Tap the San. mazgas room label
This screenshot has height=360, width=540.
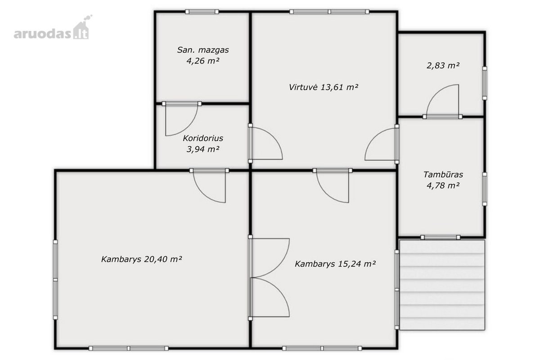(203, 50)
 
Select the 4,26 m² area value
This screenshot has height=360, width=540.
(203, 61)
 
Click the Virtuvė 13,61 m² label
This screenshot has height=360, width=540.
(323, 87)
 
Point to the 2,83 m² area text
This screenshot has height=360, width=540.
(443, 66)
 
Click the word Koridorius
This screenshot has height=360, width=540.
(203, 138)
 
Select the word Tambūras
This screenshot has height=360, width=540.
(443, 174)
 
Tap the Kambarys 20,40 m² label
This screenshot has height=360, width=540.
(141, 259)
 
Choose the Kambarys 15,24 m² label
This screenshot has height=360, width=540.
(335, 264)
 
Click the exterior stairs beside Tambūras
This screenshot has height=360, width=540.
(442, 285)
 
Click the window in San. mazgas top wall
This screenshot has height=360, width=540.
(202, 12)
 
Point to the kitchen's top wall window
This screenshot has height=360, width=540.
(329, 12)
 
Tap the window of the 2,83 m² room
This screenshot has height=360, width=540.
(485, 83)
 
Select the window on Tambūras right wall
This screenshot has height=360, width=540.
(485, 189)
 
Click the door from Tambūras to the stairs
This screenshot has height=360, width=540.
(440, 237)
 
